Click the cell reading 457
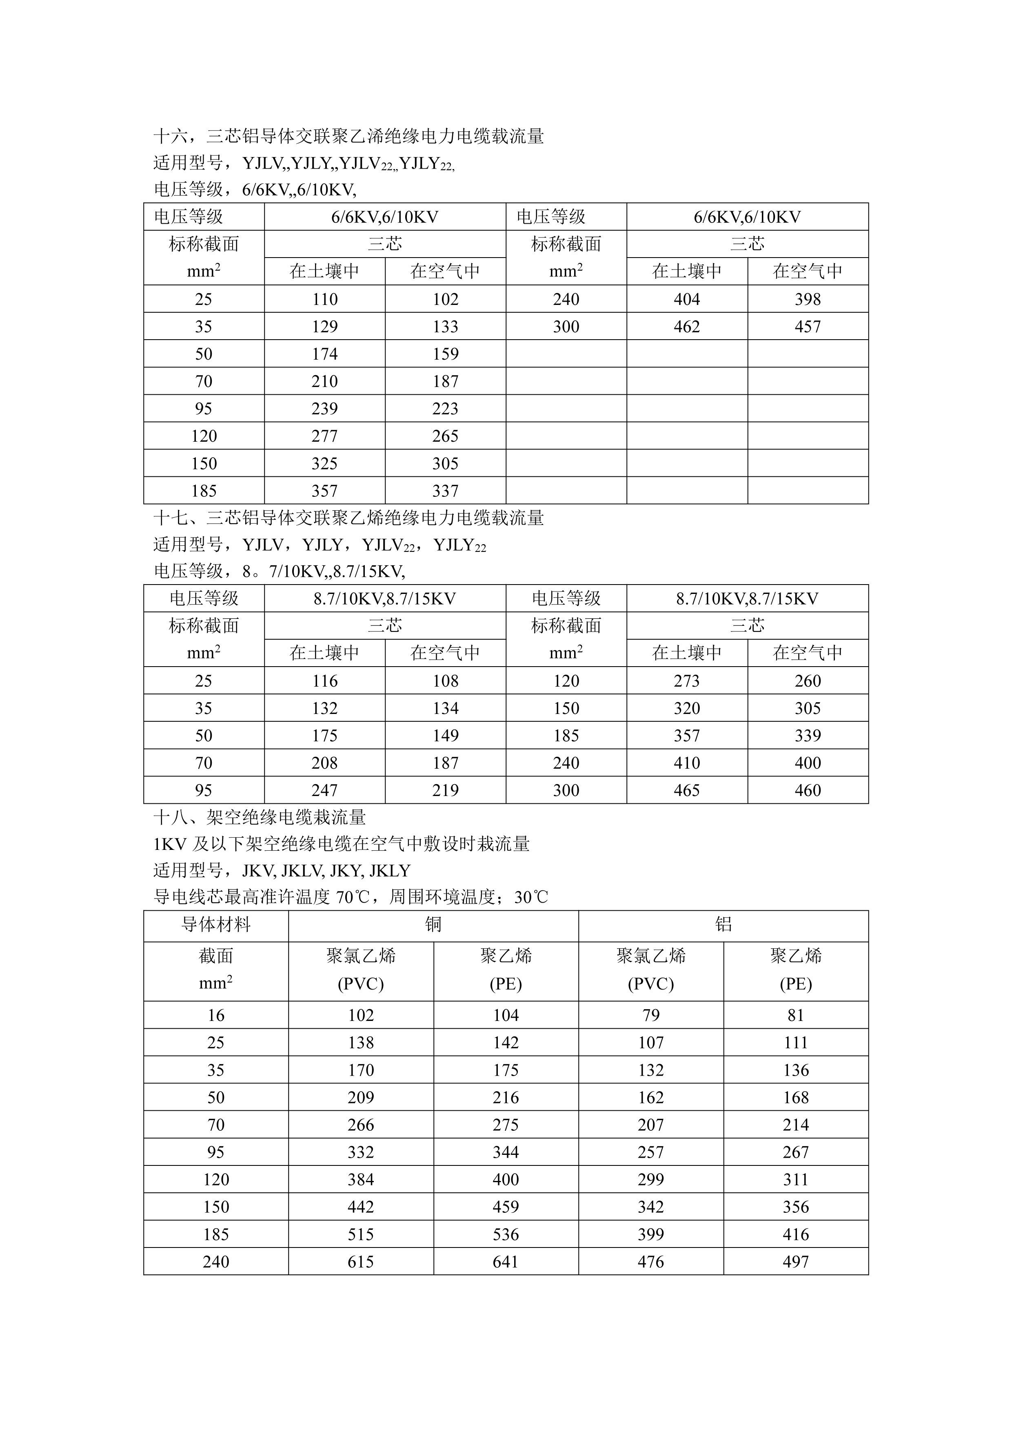pos(808,327)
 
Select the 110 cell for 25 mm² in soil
pos(324,299)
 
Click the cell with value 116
pos(324,681)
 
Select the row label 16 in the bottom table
pos(216,1015)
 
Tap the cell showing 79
pos(650,1015)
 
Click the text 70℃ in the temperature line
pos(353,898)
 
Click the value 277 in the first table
pos(324,436)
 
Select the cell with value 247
pos(324,790)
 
